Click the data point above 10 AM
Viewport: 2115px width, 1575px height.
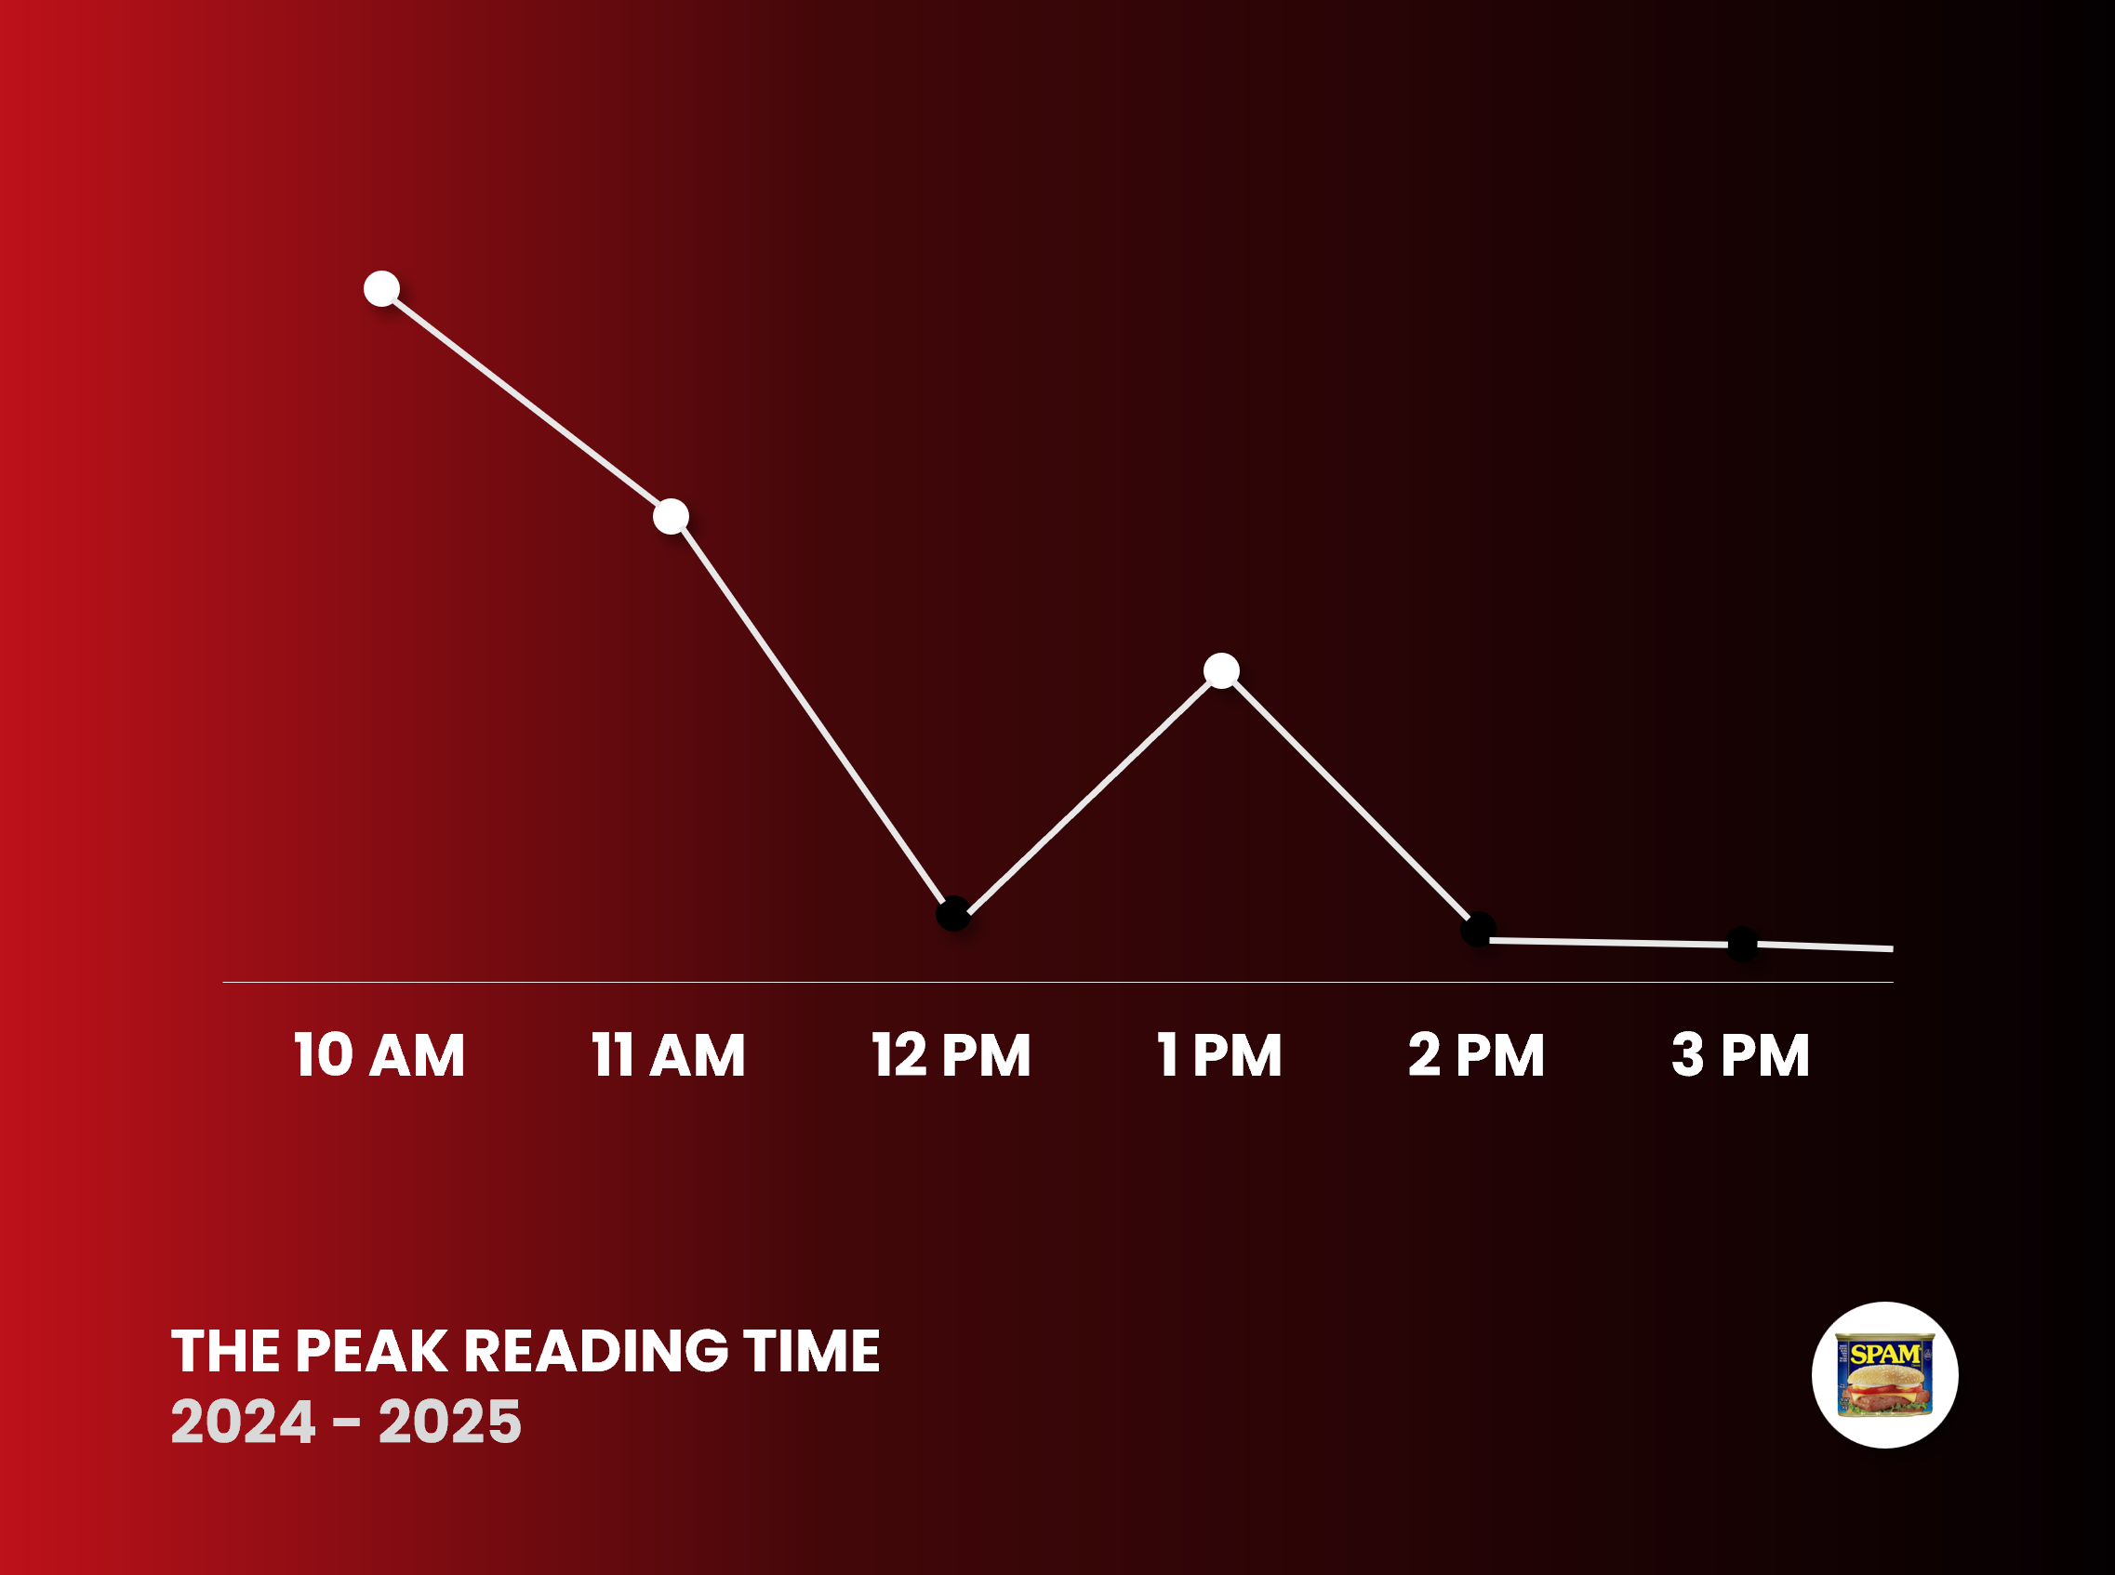[381, 288]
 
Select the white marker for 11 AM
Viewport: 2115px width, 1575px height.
[672, 516]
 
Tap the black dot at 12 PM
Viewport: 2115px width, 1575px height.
[953, 913]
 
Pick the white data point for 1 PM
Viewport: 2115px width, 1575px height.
[1221, 670]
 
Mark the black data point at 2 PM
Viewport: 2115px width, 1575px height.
[1478, 929]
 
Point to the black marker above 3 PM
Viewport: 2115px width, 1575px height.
[1742, 943]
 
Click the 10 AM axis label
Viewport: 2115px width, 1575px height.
[379, 1054]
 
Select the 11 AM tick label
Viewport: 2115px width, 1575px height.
[669, 1054]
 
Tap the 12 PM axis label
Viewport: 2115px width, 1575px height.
[951, 1054]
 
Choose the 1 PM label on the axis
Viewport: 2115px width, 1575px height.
[1219, 1054]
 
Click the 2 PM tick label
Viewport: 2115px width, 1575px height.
[1476, 1054]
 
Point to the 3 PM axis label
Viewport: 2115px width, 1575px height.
[1740, 1054]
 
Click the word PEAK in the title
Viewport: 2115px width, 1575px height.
[371, 1351]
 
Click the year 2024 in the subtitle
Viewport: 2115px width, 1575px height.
[243, 1422]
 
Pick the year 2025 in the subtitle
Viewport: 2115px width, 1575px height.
[449, 1422]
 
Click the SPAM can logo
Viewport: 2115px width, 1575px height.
[1885, 1375]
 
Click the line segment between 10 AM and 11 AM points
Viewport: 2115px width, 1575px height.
[526, 403]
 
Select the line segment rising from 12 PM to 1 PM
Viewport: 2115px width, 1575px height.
[1087, 792]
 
